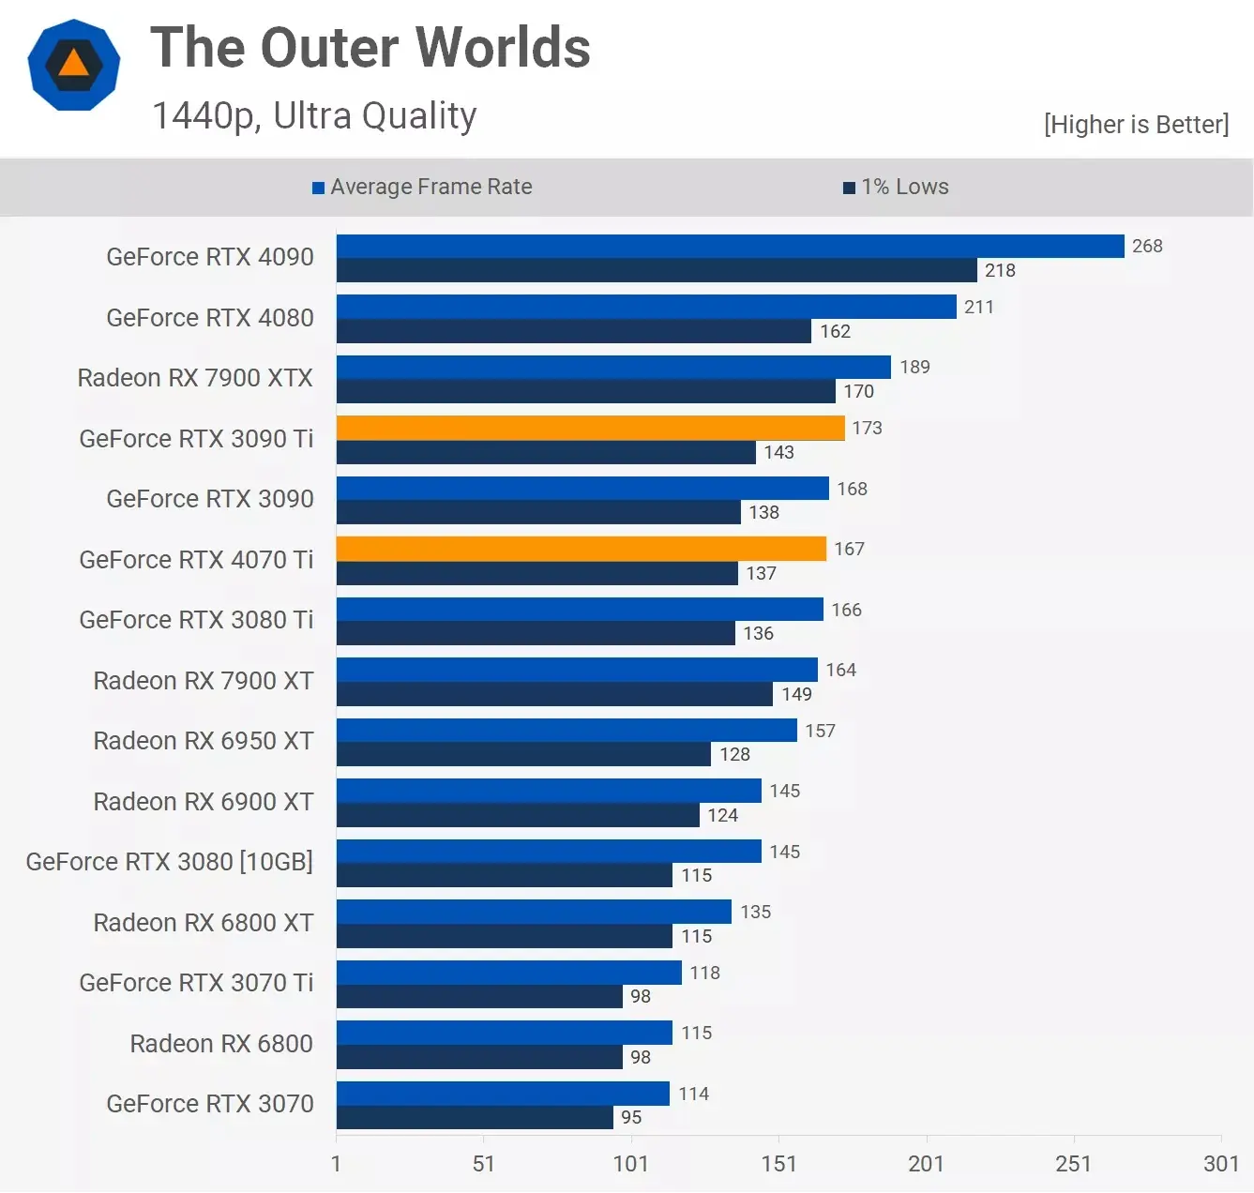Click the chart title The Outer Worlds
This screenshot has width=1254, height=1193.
tap(370, 48)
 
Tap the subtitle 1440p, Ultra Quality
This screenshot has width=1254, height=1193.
tap(314, 116)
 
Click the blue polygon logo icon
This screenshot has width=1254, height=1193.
tap(74, 65)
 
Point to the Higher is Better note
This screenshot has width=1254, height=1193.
tap(1136, 125)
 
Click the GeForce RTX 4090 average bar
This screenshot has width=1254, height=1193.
tap(730, 246)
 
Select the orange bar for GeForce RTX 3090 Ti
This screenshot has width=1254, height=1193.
tap(590, 428)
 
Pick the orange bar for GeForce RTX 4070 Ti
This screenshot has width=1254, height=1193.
tap(581, 549)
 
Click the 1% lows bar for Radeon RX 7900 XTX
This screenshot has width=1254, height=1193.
tap(585, 391)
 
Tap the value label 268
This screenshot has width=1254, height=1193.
tap(1147, 246)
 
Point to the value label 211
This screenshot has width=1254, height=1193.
tap(978, 307)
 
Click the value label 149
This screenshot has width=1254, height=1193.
tap(796, 694)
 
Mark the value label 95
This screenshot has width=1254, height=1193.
tap(631, 1117)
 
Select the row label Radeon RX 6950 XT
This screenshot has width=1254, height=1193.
tap(204, 741)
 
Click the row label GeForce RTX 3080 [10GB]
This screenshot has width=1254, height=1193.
tap(170, 862)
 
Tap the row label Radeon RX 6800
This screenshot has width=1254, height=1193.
tap(221, 1044)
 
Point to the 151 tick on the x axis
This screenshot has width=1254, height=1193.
tap(778, 1164)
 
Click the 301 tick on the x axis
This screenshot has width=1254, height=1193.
tap(1220, 1164)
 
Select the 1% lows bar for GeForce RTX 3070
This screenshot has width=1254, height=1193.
tap(475, 1117)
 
